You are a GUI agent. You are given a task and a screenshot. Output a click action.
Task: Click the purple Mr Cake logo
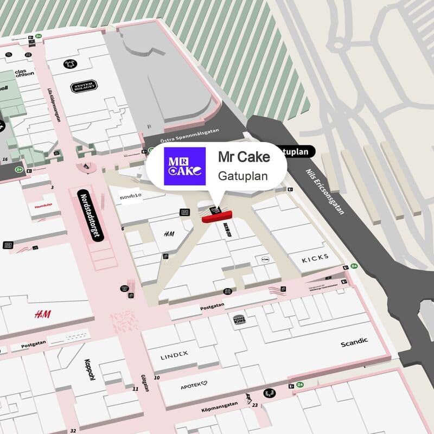click(184, 167)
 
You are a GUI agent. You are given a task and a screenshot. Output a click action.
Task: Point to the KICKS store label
click(315, 258)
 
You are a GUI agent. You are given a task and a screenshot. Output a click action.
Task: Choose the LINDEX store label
click(174, 355)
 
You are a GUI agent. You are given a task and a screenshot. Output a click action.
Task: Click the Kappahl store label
click(89, 370)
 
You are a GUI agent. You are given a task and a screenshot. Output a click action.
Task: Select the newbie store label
click(131, 195)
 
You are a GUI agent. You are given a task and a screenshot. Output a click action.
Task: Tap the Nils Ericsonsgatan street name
click(324, 189)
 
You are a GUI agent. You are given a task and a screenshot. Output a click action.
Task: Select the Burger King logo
click(239, 319)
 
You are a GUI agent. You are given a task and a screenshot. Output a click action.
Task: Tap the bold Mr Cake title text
click(244, 156)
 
